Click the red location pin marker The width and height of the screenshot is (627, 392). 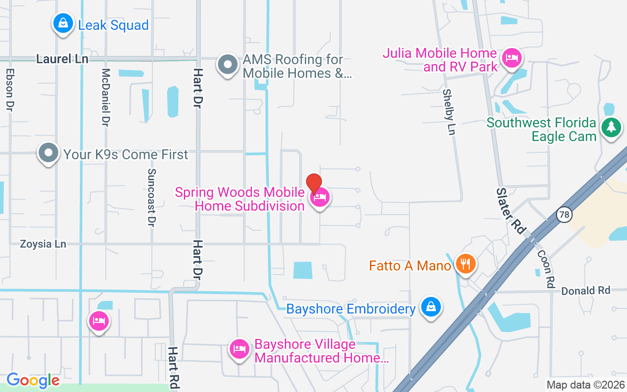click(x=314, y=184)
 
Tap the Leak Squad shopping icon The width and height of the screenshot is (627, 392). click(x=63, y=23)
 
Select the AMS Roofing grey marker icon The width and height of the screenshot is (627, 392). click(x=227, y=64)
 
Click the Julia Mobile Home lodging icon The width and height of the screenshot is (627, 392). click(x=512, y=58)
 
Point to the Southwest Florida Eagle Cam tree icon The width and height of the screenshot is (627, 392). click(x=610, y=127)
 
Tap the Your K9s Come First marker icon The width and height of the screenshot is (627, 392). click(x=48, y=153)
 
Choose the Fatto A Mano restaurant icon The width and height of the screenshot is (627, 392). click(x=465, y=264)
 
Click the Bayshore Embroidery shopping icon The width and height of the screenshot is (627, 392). click(x=431, y=307)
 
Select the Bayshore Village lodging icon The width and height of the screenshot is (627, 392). click(x=239, y=349)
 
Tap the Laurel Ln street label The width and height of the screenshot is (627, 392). click(x=62, y=59)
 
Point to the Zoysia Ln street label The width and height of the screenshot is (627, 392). click(x=43, y=244)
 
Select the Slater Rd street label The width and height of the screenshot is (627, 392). click(x=511, y=210)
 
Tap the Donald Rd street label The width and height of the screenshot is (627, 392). click(x=586, y=291)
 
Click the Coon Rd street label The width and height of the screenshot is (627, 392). click(x=546, y=269)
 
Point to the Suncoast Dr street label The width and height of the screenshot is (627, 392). click(x=151, y=197)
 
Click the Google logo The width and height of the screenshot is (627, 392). click(x=33, y=380)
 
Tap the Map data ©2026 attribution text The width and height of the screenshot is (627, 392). click(x=586, y=385)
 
